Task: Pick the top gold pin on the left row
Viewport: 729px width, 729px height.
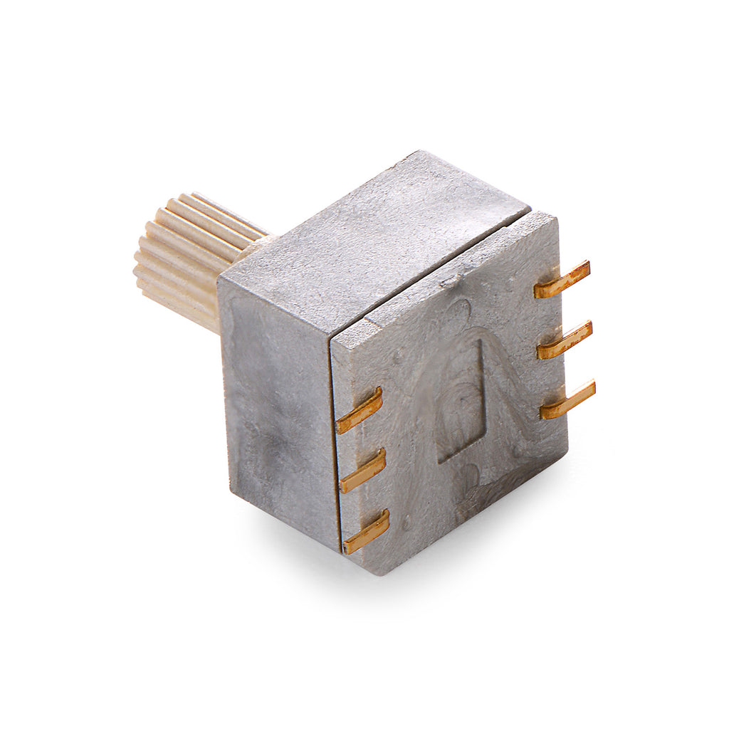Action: [x=360, y=411]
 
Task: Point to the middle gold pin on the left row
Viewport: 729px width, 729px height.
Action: [x=363, y=471]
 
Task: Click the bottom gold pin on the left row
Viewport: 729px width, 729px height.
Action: [x=367, y=532]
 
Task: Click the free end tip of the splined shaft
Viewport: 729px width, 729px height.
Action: [x=153, y=263]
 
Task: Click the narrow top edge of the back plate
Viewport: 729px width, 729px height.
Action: [x=441, y=271]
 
